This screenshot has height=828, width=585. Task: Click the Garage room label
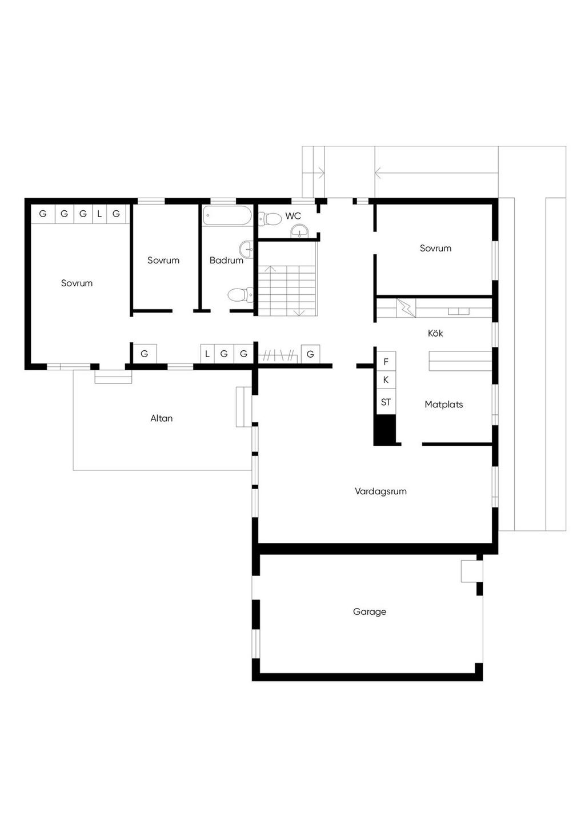pyautogui.click(x=369, y=612)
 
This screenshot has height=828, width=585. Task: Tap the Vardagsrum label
pyautogui.click(x=380, y=491)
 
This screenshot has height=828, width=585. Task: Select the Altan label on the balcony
pyautogui.click(x=162, y=418)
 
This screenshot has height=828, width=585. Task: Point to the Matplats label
pyautogui.click(x=443, y=405)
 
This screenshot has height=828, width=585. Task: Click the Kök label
pyautogui.click(x=435, y=333)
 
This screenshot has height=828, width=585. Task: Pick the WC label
pyautogui.click(x=293, y=216)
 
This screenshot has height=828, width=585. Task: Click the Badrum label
pyautogui.click(x=226, y=260)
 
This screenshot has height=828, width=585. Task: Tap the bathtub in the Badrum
pyautogui.click(x=227, y=215)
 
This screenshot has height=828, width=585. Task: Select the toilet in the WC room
pyautogui.click(x=270, y=218)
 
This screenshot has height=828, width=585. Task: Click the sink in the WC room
pyautogui.click(x=299, y=232)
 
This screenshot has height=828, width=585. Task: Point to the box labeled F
pyautogui.click(x=386, y=362)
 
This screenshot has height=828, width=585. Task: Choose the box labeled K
pyautogui.click(x=386, y=379)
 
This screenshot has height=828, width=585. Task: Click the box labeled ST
pyautogui.click(x=386, y=402)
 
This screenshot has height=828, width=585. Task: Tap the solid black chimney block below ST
pyautogui.click(x=384, y=430)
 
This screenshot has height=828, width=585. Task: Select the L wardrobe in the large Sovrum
pyautogui.click(x=99, y=214)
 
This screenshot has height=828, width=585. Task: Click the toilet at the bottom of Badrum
pyautogui.click(x=240, y=295)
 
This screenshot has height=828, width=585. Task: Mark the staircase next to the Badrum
pyautogui.click(x=287, y=290)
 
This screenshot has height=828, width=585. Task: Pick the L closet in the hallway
pyautogui.click(x=207, y=354)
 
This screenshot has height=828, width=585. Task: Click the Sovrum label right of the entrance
pyautogui.click(x=435, y=248)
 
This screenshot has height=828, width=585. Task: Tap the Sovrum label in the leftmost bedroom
pyautogui.click(x=77, y=283)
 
